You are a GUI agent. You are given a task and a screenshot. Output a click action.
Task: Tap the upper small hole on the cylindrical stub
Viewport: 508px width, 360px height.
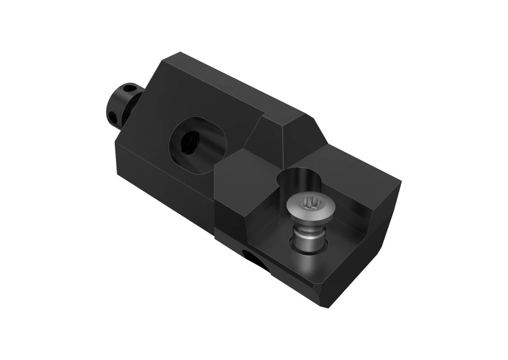(x=130, y=89)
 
